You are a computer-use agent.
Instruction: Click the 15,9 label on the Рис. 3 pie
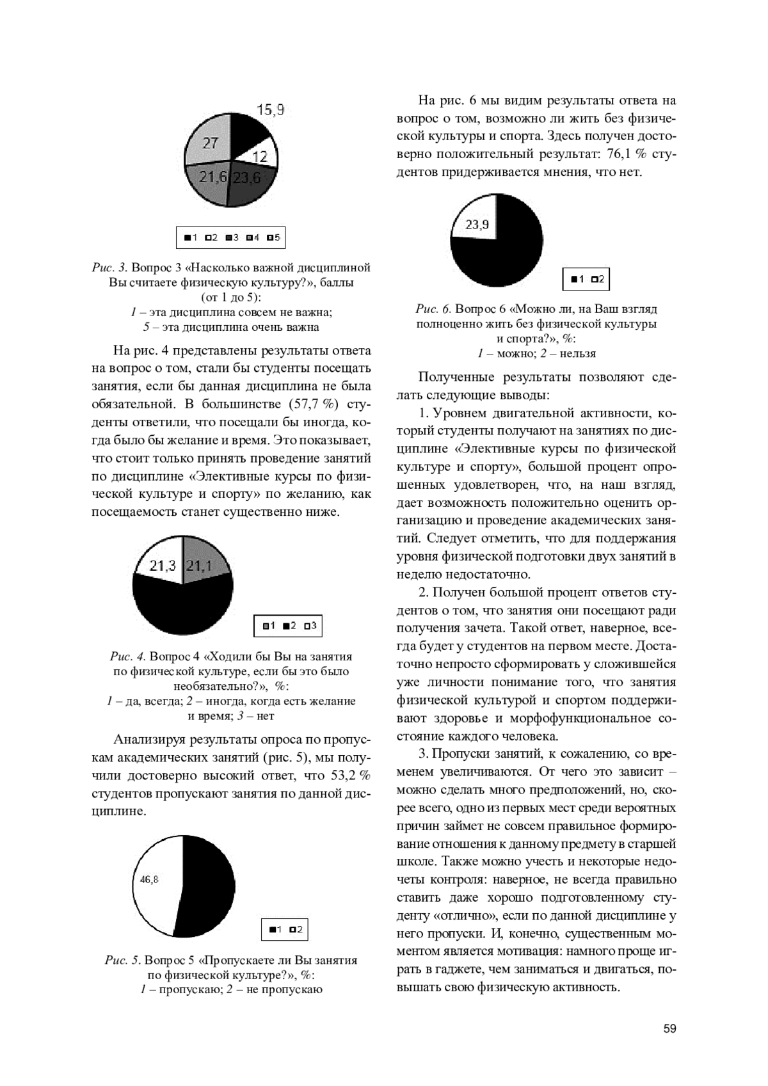[x=270, y=110]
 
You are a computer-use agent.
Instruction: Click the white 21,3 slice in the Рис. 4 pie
[x=163, y=566]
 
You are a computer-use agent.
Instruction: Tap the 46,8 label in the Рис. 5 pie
[x=148, y=879]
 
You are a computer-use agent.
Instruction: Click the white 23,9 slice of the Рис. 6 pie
[x=477, y=224]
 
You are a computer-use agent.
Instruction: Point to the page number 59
[x=669, y=1028]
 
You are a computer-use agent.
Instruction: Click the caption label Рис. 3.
[x=109, y=268]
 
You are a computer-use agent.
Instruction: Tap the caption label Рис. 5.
[x=122, y=960]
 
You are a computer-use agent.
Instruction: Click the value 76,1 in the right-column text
[x=620, y=154]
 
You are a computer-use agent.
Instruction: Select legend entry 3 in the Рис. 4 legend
[x=310, y=625]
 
